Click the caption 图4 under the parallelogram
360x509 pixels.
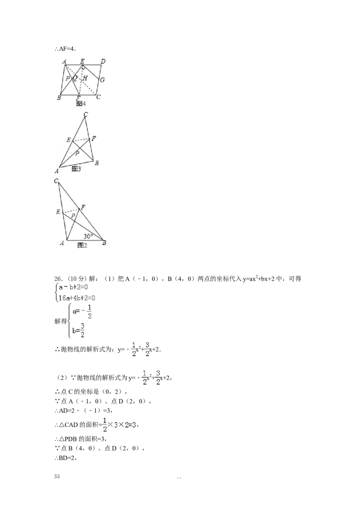point(81,104)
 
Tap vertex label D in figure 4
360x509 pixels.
point(103,61)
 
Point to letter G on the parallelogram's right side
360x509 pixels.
point(102,80)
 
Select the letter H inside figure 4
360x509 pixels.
point(85,78)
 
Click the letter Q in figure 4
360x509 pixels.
point(75,78)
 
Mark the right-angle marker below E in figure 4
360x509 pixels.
point(83,67)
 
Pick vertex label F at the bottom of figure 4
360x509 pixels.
point(78,98)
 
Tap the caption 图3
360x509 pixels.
point(76,169)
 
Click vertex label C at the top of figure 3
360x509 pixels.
point(85,114)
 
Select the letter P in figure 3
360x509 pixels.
point(77,153)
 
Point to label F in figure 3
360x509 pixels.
point(93,138)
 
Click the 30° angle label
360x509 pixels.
point(88,236)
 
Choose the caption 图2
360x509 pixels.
point(82,246)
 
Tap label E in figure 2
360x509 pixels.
point(58,211)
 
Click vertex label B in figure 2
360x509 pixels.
point(104,243)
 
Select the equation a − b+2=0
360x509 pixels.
point(75,288)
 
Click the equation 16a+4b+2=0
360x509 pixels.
point(77,297)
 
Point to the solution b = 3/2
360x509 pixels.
point(79,333)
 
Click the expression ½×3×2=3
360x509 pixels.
point(119,424)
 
